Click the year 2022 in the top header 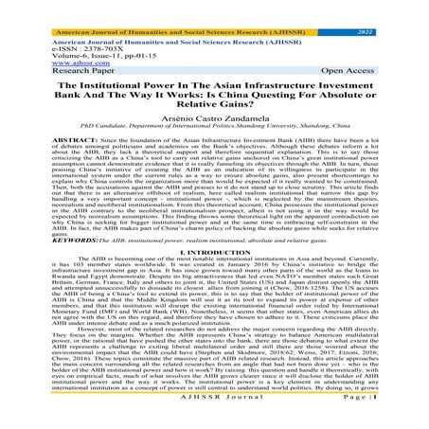395,6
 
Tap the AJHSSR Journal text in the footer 215,421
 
